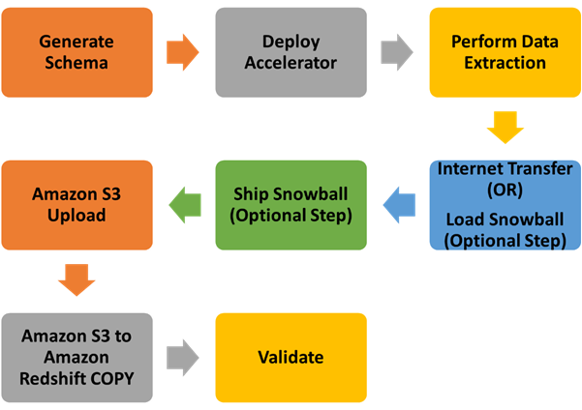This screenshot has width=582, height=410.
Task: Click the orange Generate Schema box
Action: (77, 52)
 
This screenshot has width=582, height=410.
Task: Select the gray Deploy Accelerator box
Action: (291, 52)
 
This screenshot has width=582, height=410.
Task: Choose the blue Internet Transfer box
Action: (505, 205)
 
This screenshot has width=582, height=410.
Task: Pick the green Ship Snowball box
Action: (291, 205)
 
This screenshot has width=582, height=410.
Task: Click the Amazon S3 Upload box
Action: (77, 205)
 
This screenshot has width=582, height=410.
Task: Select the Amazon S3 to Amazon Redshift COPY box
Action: (77, 358)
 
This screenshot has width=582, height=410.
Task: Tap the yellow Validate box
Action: (291, 358)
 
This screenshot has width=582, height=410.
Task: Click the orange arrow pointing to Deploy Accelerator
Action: (183, 52)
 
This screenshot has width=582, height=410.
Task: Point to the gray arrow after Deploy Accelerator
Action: (397, 52)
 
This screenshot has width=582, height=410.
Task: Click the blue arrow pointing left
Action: (397, 205)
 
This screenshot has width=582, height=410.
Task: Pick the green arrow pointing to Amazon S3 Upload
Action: (183, 205)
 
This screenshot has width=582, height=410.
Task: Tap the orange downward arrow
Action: (77, 280)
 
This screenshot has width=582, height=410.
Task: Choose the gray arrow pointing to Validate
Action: (183, 358)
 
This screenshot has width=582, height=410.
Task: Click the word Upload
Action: (77, 216)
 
